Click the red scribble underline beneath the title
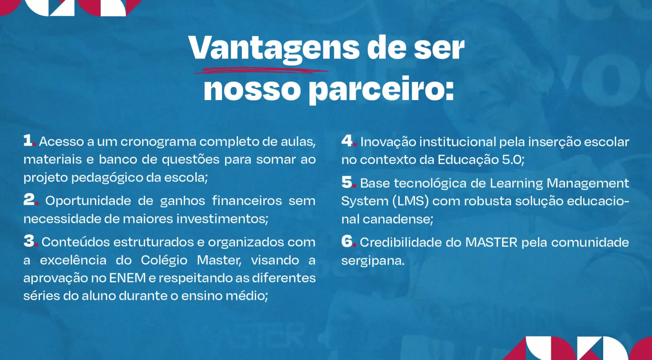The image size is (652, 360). pyautogui.click(x=261, y=70)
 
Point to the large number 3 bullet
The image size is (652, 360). pyautogui.click(x=29, y=241)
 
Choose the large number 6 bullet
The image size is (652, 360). pyautogui.click(x=347, y=241)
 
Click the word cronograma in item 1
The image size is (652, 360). pyautogui.click(x=158, y=142)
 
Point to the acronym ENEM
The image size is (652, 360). pyautogui.click(x=127, y=278)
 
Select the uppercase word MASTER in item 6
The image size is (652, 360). pyautogui.click(x=491, y=242)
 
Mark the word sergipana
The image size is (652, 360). pyautogui.click(x=373, y=261)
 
